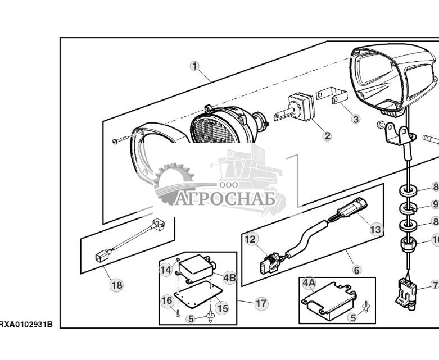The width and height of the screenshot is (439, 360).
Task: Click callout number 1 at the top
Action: [194, 66]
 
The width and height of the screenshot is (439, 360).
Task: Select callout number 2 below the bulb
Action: [327, 135]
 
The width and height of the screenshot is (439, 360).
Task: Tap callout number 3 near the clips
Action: [355, 119]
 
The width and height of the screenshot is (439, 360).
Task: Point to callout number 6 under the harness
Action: [357, 270]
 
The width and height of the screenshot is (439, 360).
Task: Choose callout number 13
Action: [375, 229]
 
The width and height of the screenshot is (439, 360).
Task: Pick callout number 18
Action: [116, 285]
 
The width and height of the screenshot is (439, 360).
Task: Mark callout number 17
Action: [261, 303]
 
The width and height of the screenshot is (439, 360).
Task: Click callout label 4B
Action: [229, 277]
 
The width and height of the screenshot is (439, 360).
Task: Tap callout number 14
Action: [165, 270]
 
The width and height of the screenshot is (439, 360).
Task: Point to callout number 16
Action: [168, 300]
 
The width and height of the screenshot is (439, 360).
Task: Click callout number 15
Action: [222, 308]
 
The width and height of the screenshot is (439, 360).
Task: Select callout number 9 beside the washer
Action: [435, 204]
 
